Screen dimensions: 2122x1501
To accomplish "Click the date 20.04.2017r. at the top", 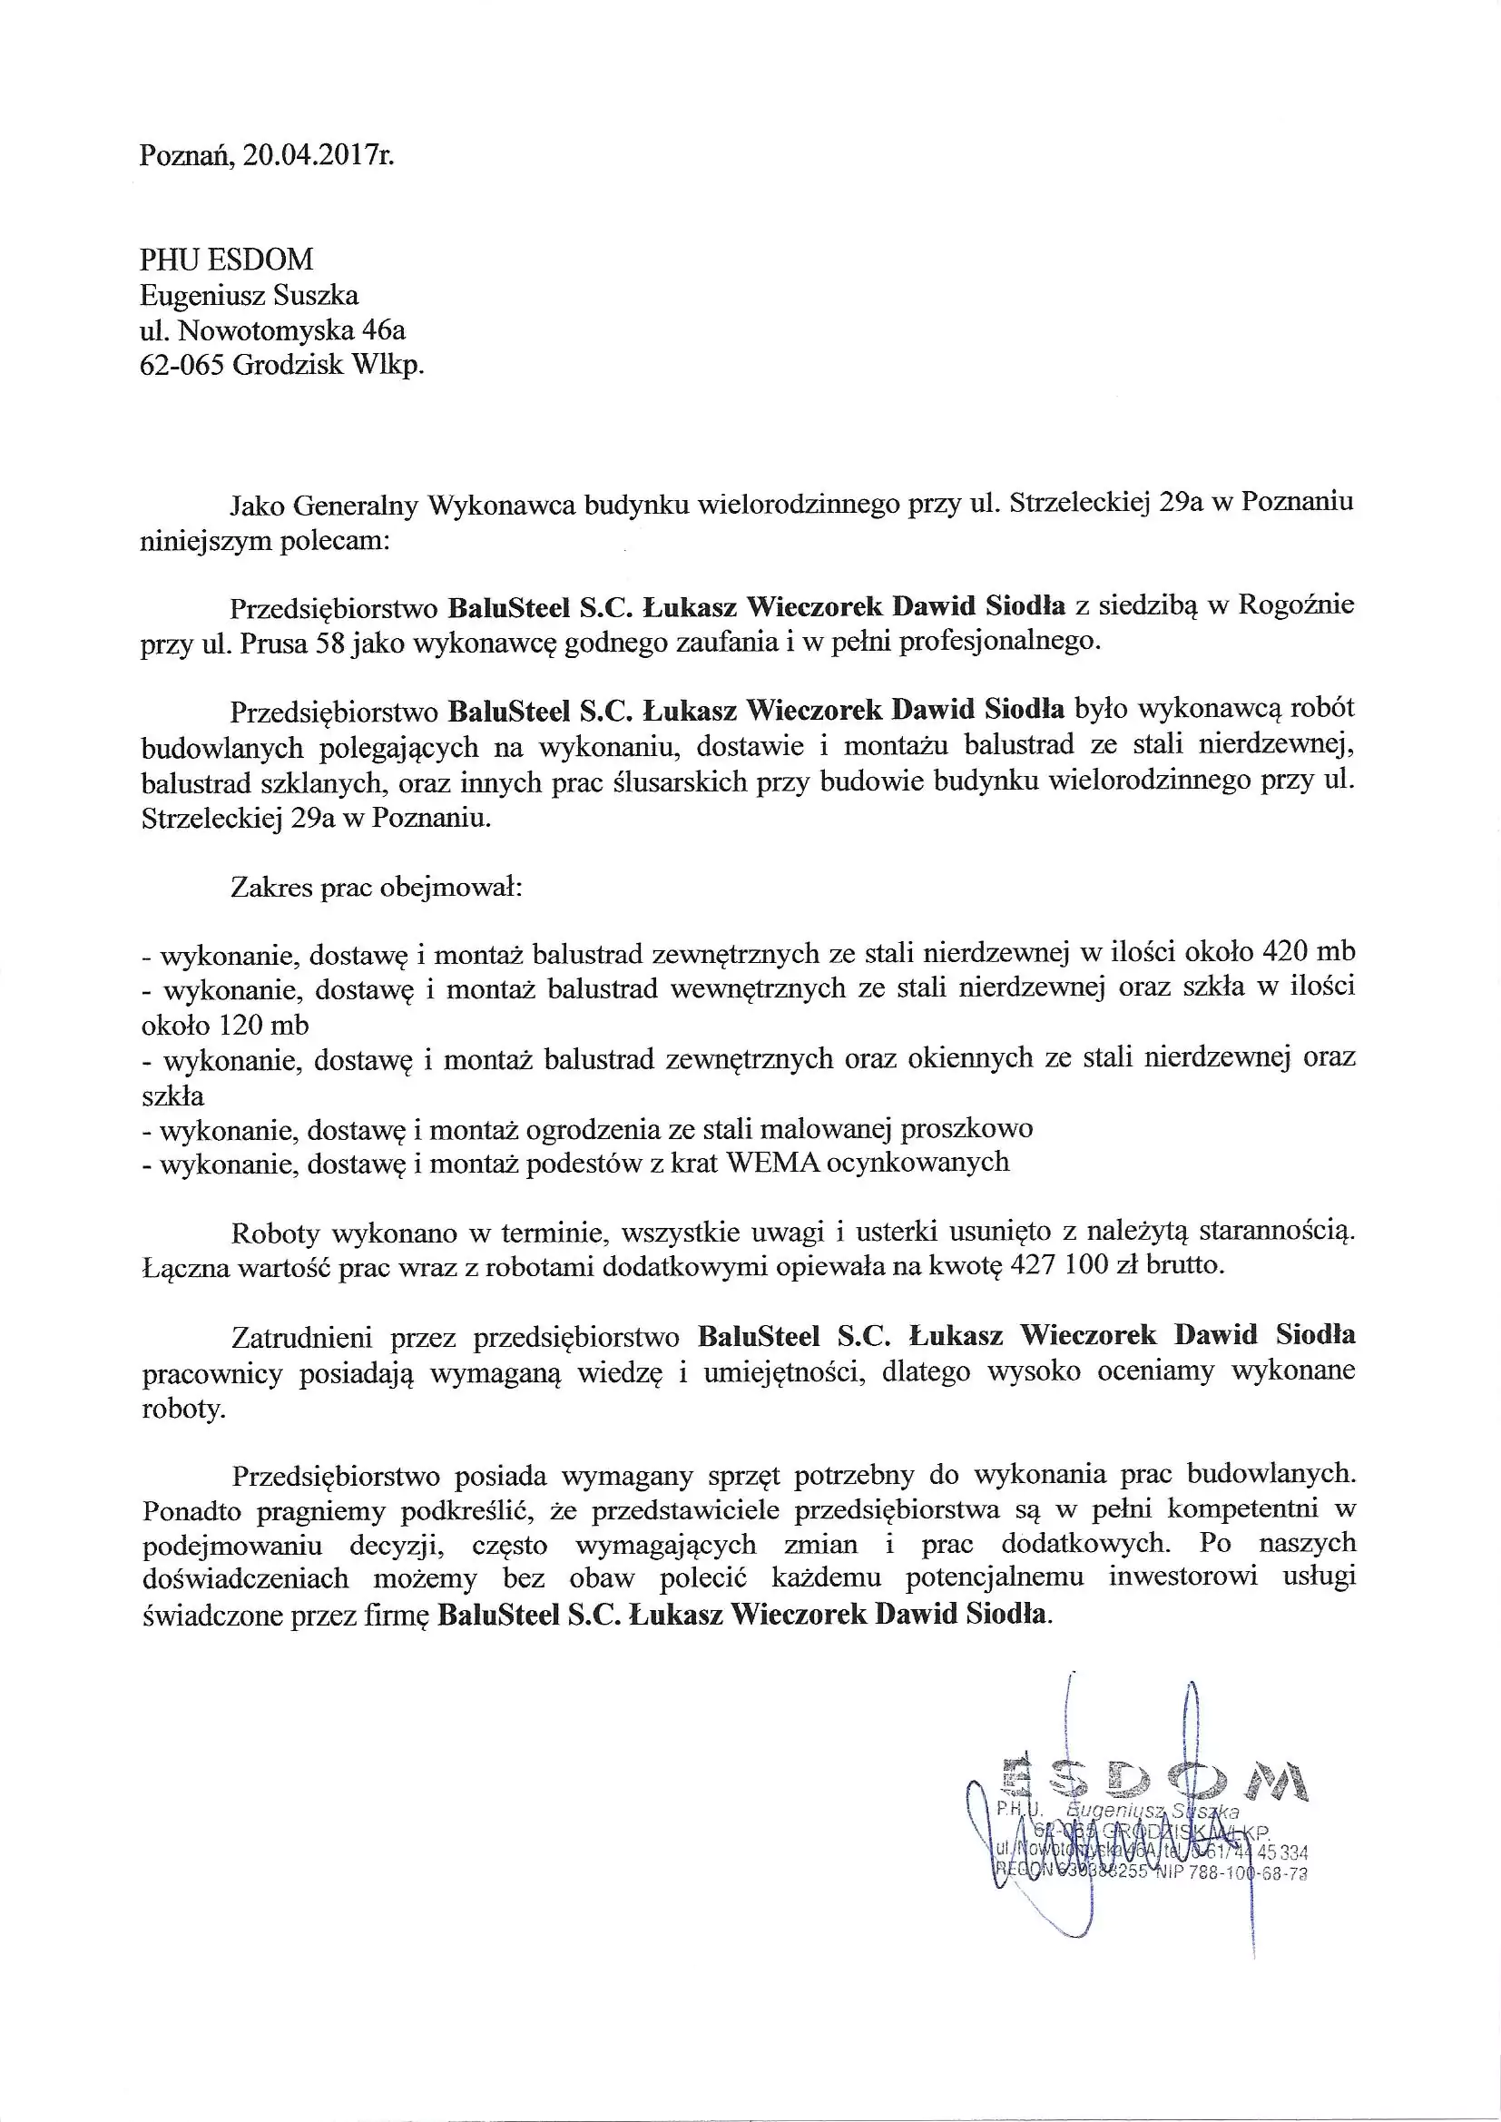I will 319,154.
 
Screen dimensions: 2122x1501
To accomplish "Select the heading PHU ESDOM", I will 227,259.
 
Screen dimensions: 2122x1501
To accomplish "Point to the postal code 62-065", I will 182,365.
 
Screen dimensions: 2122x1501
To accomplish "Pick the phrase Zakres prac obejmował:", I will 378,889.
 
